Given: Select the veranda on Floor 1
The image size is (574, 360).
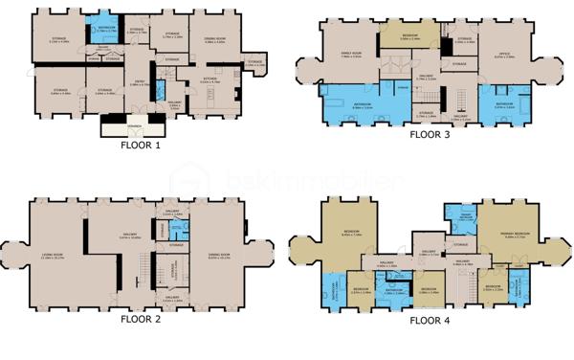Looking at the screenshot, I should point(133,125).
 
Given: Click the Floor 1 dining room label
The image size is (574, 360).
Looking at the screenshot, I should point(214,41).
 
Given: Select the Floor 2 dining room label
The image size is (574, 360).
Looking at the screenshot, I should point(219,256).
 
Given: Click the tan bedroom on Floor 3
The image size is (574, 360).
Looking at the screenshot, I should point(408,40).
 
